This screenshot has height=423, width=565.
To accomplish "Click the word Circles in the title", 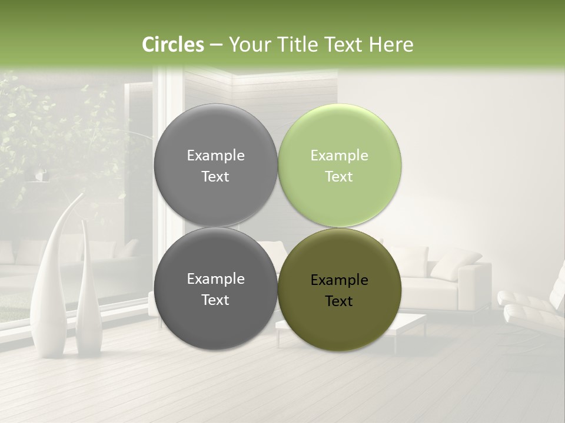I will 172,45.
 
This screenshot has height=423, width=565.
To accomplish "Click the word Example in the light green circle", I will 339,156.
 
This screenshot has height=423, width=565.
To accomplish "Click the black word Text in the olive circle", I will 339,301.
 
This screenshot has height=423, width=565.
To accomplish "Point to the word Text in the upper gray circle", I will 215,177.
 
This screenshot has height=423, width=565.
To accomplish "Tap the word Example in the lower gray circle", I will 215,279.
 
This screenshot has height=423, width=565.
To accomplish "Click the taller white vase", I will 49,282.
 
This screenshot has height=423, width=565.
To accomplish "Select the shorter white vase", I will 88,294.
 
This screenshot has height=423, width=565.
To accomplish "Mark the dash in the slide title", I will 215,45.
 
